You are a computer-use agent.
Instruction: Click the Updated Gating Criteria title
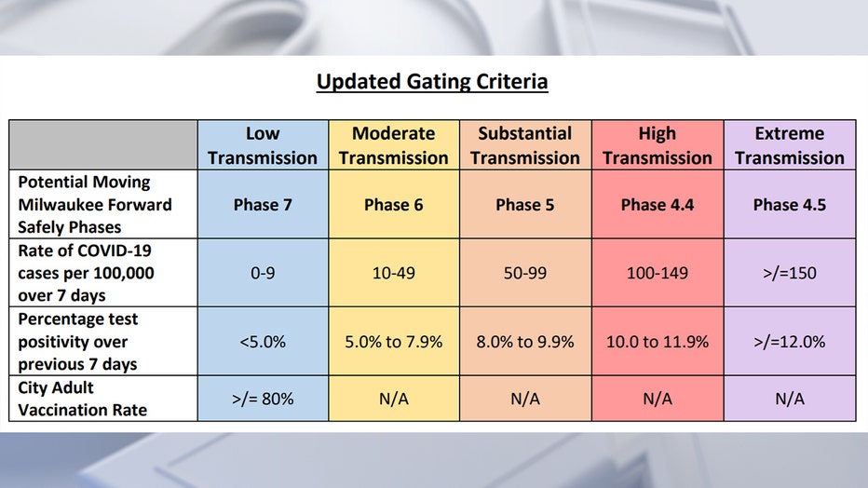pos(432,82)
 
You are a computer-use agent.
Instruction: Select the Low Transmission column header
pos(263,145)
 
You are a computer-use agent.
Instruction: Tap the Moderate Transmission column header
pos(394,145)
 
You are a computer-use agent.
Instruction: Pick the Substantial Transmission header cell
pos(525,145)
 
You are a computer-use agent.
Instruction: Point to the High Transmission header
pos(658,145)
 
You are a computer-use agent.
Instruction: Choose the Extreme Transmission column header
pos(790,145)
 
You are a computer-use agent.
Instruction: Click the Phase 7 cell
pos(263,204)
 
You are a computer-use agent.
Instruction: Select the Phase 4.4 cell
pos(658,204)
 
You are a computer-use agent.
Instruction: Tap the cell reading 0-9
pos(263,273)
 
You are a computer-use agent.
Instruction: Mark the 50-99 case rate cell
pos(525,273)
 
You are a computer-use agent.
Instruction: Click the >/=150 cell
pos(790,273)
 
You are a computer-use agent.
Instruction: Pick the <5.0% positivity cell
pos(263,342)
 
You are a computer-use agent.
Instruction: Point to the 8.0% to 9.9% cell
pos(525,342)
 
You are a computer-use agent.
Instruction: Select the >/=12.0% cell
pos(790,342)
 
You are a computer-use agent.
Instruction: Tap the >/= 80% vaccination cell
pos(263,399)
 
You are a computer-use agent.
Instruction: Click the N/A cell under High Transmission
pos(658,399)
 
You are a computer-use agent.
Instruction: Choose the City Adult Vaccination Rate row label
pos(83,399)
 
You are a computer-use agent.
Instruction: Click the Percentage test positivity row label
pos(78,342)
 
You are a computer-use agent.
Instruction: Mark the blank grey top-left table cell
pos(103,145)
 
